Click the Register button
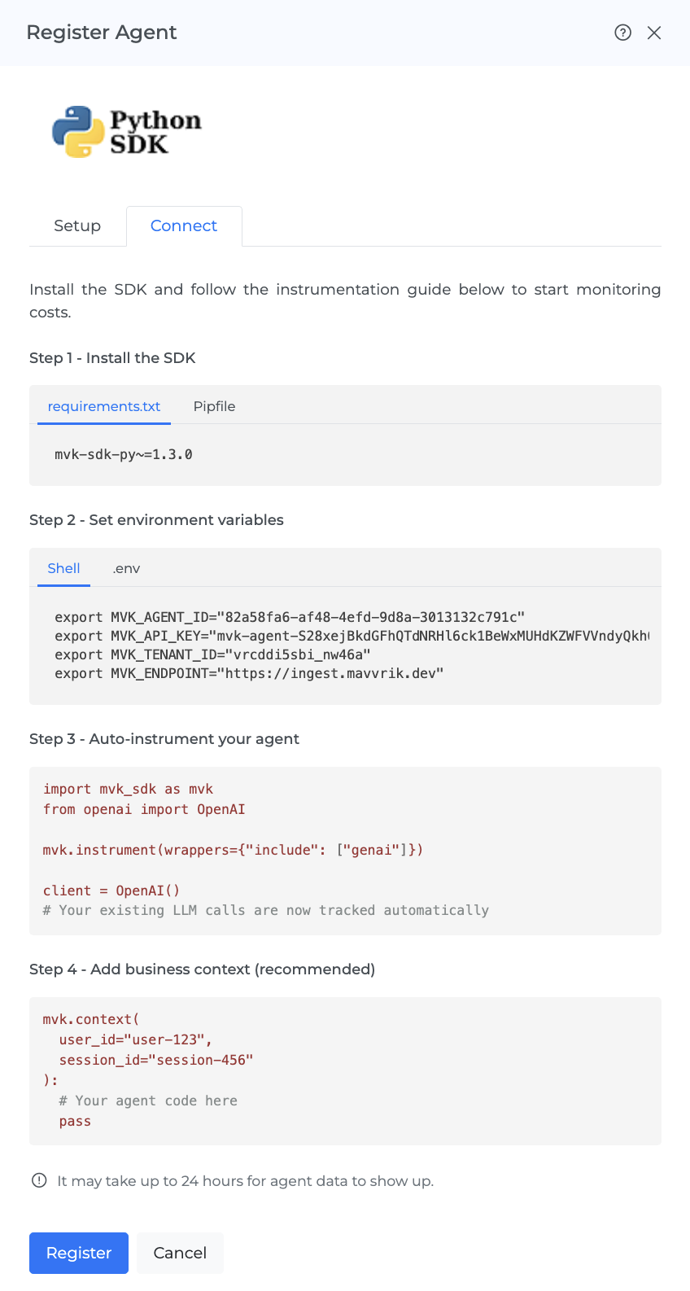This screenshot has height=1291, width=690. point(79,1253)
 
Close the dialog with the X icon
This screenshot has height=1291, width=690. point(653,33)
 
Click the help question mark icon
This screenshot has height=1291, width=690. point(622,33)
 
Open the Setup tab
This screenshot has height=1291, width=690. point(77,225)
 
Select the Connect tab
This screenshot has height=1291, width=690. point(184,225)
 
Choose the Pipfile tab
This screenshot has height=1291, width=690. point(214,406)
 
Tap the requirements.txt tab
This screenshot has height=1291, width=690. point(103,406)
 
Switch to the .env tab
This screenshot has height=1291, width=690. point(126,568)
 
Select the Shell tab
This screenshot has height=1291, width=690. point(63,568)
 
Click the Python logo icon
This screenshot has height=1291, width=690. point(78,131)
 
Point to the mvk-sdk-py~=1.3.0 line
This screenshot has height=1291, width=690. point(123,455)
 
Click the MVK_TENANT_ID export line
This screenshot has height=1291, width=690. point(212,654)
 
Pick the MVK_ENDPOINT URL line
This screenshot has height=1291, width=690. point(249,673)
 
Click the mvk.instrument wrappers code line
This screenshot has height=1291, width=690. point(233,850)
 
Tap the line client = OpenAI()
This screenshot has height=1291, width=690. point(111,891)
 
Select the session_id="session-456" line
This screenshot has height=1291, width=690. point(156,1060)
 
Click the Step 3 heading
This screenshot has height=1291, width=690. point(164,739)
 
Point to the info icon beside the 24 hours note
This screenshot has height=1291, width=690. point(39,1180)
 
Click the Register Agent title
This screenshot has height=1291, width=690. point(102,33)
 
